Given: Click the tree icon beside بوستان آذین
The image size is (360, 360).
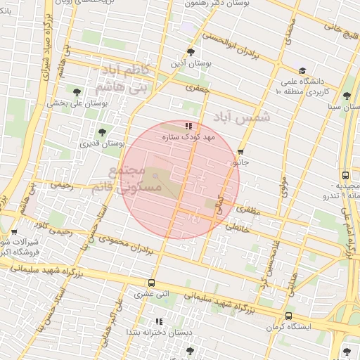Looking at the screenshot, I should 191,52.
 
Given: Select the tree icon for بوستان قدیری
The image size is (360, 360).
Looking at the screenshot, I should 102,132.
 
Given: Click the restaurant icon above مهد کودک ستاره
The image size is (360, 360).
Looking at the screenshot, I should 188,126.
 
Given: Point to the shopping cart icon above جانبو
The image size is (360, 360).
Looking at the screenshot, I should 240,151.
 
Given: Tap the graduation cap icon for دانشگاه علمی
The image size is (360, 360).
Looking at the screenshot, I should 302,71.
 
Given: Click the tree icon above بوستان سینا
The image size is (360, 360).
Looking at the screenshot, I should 346,96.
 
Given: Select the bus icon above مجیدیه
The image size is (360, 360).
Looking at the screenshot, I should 345,175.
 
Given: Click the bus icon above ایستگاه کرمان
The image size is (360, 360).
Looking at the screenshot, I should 289,316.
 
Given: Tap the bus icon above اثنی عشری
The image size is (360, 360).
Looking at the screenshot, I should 152,283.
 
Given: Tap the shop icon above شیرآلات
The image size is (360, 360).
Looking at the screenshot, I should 14,231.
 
